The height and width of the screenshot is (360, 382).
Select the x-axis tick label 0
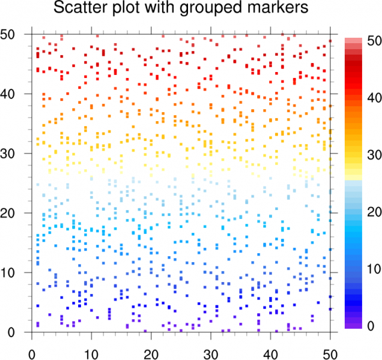pos(31,348)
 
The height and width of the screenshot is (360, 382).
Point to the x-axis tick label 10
pos(91,348)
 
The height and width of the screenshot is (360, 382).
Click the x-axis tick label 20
pos(151,348)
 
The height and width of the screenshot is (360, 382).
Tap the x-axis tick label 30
pos(211,348)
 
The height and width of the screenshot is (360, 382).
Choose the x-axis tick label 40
pos(271,348)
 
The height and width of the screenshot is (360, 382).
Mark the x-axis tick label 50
pos(330,348)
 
